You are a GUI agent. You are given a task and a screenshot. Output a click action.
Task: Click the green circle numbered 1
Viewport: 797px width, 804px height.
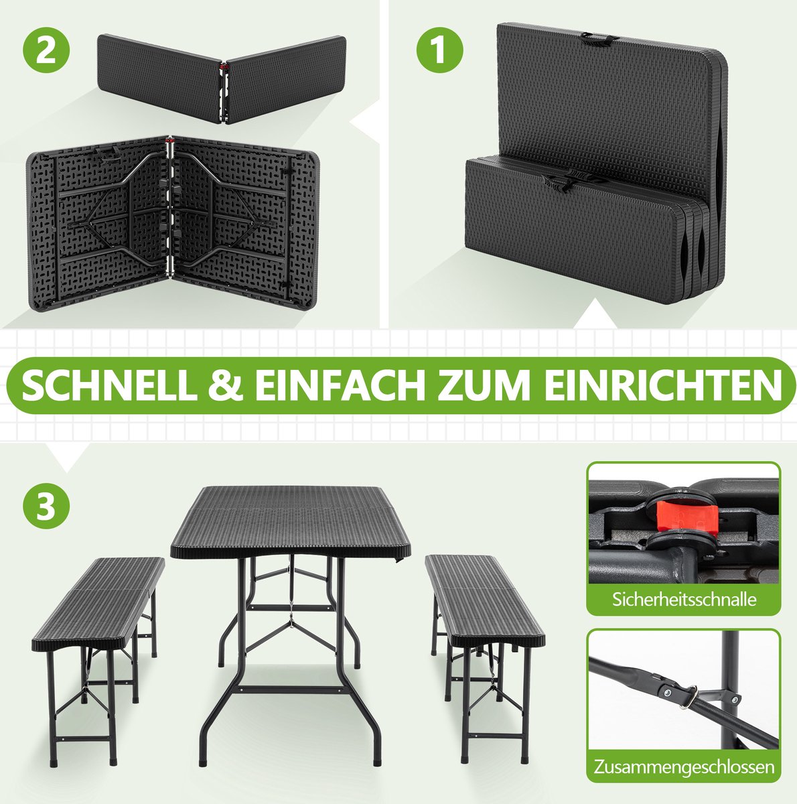[x=440, y=50]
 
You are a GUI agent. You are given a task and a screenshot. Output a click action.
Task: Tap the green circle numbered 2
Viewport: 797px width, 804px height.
[x=46, y=50]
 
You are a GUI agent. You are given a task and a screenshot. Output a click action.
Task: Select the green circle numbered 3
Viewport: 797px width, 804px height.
[x=46, y=506]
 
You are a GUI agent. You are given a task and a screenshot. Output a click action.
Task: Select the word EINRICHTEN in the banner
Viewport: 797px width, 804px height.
[x=662, y=385]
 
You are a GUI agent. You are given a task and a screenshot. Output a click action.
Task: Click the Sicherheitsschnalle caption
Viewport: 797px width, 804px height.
[x=684, y=600]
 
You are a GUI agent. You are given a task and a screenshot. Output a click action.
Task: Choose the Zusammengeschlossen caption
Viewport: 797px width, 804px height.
[x=684, y=767]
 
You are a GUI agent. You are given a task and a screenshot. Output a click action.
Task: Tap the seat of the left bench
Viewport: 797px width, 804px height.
[x=98, y=603]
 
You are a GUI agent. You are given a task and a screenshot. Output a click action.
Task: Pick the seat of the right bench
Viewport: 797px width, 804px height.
[x=485, y=600]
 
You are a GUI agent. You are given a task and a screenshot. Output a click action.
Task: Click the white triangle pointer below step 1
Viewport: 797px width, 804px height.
[x=595, y=314]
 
